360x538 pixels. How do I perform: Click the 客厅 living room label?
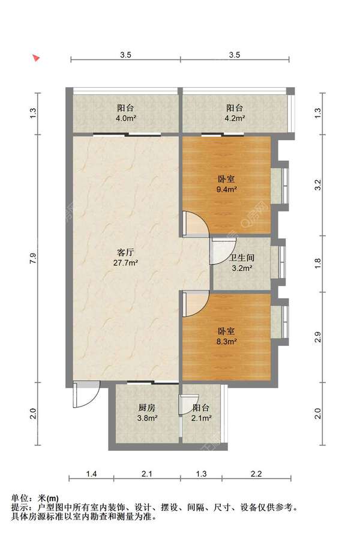(125, 253)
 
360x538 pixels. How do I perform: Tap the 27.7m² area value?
(125, 263)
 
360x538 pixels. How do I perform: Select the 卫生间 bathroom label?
(242, 258)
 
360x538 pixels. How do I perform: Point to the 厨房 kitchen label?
(147, 408)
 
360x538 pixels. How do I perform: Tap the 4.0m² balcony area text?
(125, 118)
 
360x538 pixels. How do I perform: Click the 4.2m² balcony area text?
(235, 118)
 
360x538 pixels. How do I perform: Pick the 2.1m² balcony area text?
(201, 418)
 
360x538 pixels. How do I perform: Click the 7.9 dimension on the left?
(33, 258)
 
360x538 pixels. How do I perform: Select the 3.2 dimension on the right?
(318, 186)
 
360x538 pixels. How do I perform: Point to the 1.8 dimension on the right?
(318, 263)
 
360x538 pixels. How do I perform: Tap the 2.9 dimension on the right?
(318, 337)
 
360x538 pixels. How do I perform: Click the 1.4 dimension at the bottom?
(91, 474)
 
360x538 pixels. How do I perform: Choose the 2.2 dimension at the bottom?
(256, 474)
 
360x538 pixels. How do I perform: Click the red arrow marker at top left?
(37, 58)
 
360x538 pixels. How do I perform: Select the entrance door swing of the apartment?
(86, 394)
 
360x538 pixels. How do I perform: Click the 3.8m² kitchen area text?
(147, 418)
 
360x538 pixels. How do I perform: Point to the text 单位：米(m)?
(35, 498)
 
